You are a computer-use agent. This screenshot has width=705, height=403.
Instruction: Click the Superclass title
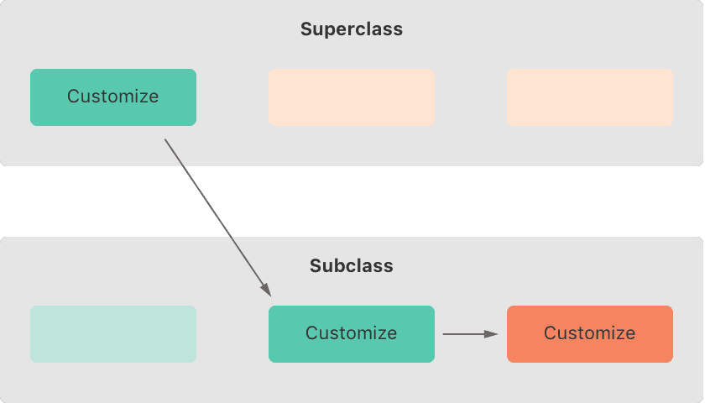tap(352, 29)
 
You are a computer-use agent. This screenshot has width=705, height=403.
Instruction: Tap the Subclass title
tap(352, 266)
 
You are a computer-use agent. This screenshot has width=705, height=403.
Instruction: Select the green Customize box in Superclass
tap(113, 97)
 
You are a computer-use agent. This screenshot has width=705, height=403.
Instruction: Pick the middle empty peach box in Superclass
tap(352, 97)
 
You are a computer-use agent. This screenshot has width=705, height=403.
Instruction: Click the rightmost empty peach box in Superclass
tap(590, 97)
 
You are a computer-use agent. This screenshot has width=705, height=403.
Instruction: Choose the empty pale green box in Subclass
tap(113, 334)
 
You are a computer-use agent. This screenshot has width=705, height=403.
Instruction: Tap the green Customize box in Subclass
tap(352, 334)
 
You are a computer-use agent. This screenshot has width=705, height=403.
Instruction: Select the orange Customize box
tap(590, 334)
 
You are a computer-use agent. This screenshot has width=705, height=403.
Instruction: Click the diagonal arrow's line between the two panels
tap(218, 218)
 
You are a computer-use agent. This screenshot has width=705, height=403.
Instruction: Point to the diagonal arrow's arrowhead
tap(267, 290)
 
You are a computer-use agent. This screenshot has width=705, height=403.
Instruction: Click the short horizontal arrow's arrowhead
tap(492, 334)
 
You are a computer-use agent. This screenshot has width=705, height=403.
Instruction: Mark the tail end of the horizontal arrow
tap(443, 334)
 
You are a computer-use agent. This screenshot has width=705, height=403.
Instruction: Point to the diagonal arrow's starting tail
tap(165, 139)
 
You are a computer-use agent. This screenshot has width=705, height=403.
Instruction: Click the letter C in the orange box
tap(550, 333)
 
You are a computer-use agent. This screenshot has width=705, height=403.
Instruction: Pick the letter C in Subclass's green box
tap(311, 333)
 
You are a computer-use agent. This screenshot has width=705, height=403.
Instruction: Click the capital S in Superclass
tap(306, 29)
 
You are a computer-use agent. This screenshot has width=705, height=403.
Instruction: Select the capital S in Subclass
tap(316, 266)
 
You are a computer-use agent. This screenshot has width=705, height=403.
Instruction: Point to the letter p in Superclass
tap(332, 32)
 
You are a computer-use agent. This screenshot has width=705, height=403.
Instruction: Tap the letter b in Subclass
tap(342, 266)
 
